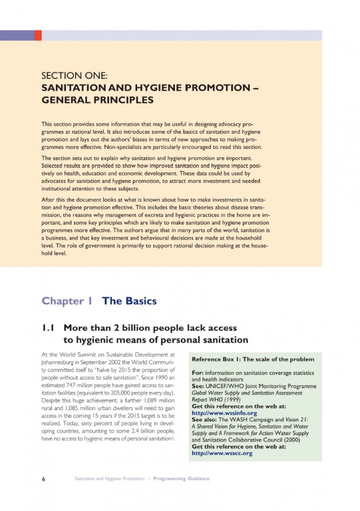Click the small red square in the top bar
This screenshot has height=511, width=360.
click(x=38, y=35)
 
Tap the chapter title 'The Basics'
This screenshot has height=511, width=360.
click(x=129, y=301)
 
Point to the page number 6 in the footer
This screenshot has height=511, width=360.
click(x=44, y=478)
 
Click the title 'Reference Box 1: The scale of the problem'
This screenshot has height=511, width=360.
click(x=253, y=359)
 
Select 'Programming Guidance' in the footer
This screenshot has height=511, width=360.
click(x=181, y=478)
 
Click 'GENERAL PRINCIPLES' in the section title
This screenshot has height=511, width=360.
click(x=96, y=100)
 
